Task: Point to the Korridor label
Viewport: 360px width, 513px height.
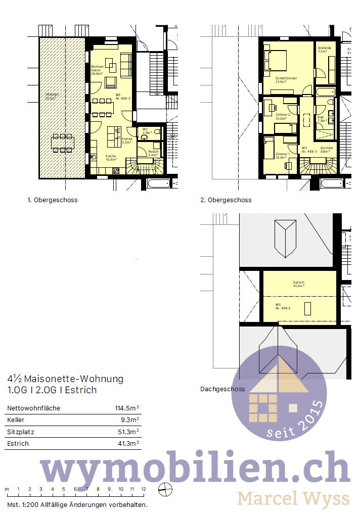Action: [326, 149]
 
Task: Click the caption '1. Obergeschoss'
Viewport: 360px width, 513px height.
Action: [53, 200]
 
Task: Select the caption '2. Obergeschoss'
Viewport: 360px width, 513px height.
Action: [226, 200]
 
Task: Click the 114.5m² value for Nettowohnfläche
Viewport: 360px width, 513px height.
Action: [127, 408]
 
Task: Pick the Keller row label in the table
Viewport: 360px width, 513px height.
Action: [16, 420]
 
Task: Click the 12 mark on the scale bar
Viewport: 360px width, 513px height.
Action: [144, 489]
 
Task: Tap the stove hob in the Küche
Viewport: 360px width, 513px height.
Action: [115, 171]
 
